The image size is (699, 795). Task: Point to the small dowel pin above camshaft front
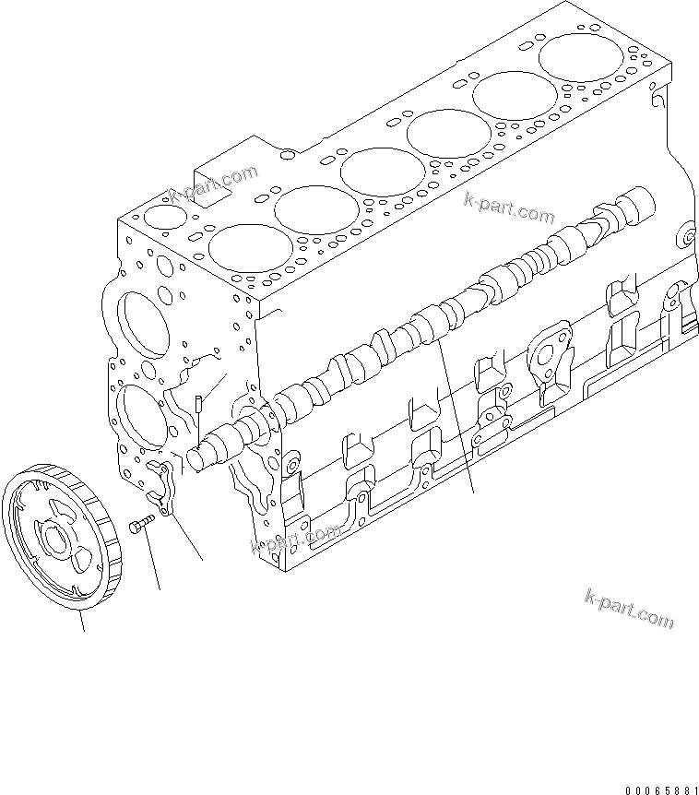(x=198, y=403)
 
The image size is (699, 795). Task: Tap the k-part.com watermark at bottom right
(x=630, y=608)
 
